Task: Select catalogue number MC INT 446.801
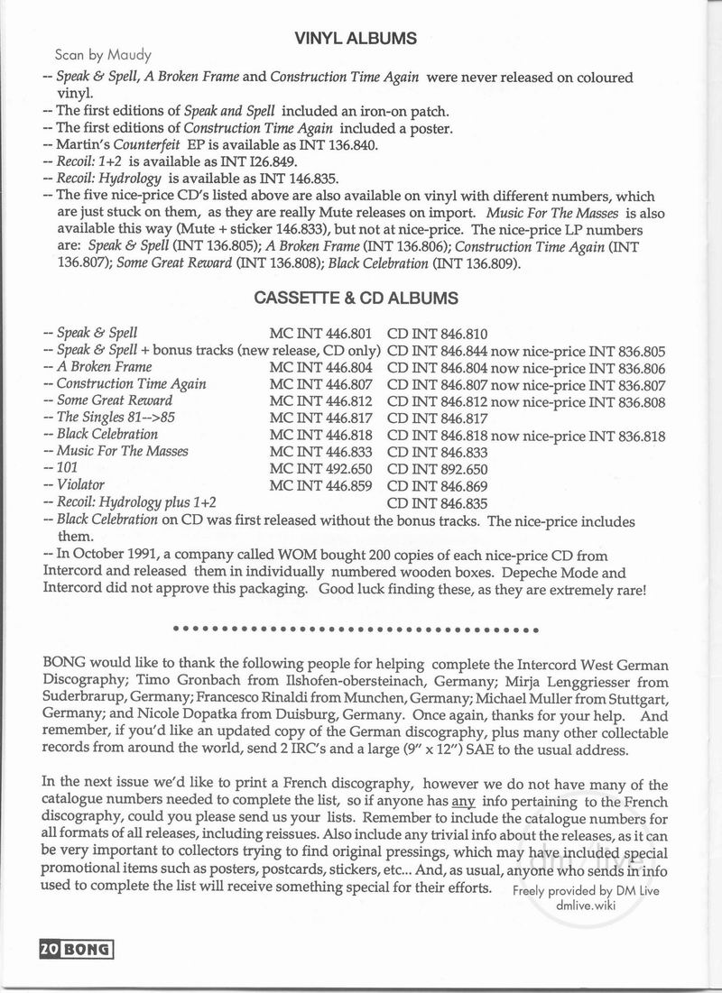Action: point(324,333)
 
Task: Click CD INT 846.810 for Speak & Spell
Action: point(438,333)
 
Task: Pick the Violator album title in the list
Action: point(80,484)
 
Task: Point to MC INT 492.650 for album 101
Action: point(324,469)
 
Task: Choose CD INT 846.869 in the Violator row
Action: point(438,485)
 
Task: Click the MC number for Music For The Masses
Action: point(324,452)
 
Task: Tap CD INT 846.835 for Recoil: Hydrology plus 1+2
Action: point(438,502)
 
